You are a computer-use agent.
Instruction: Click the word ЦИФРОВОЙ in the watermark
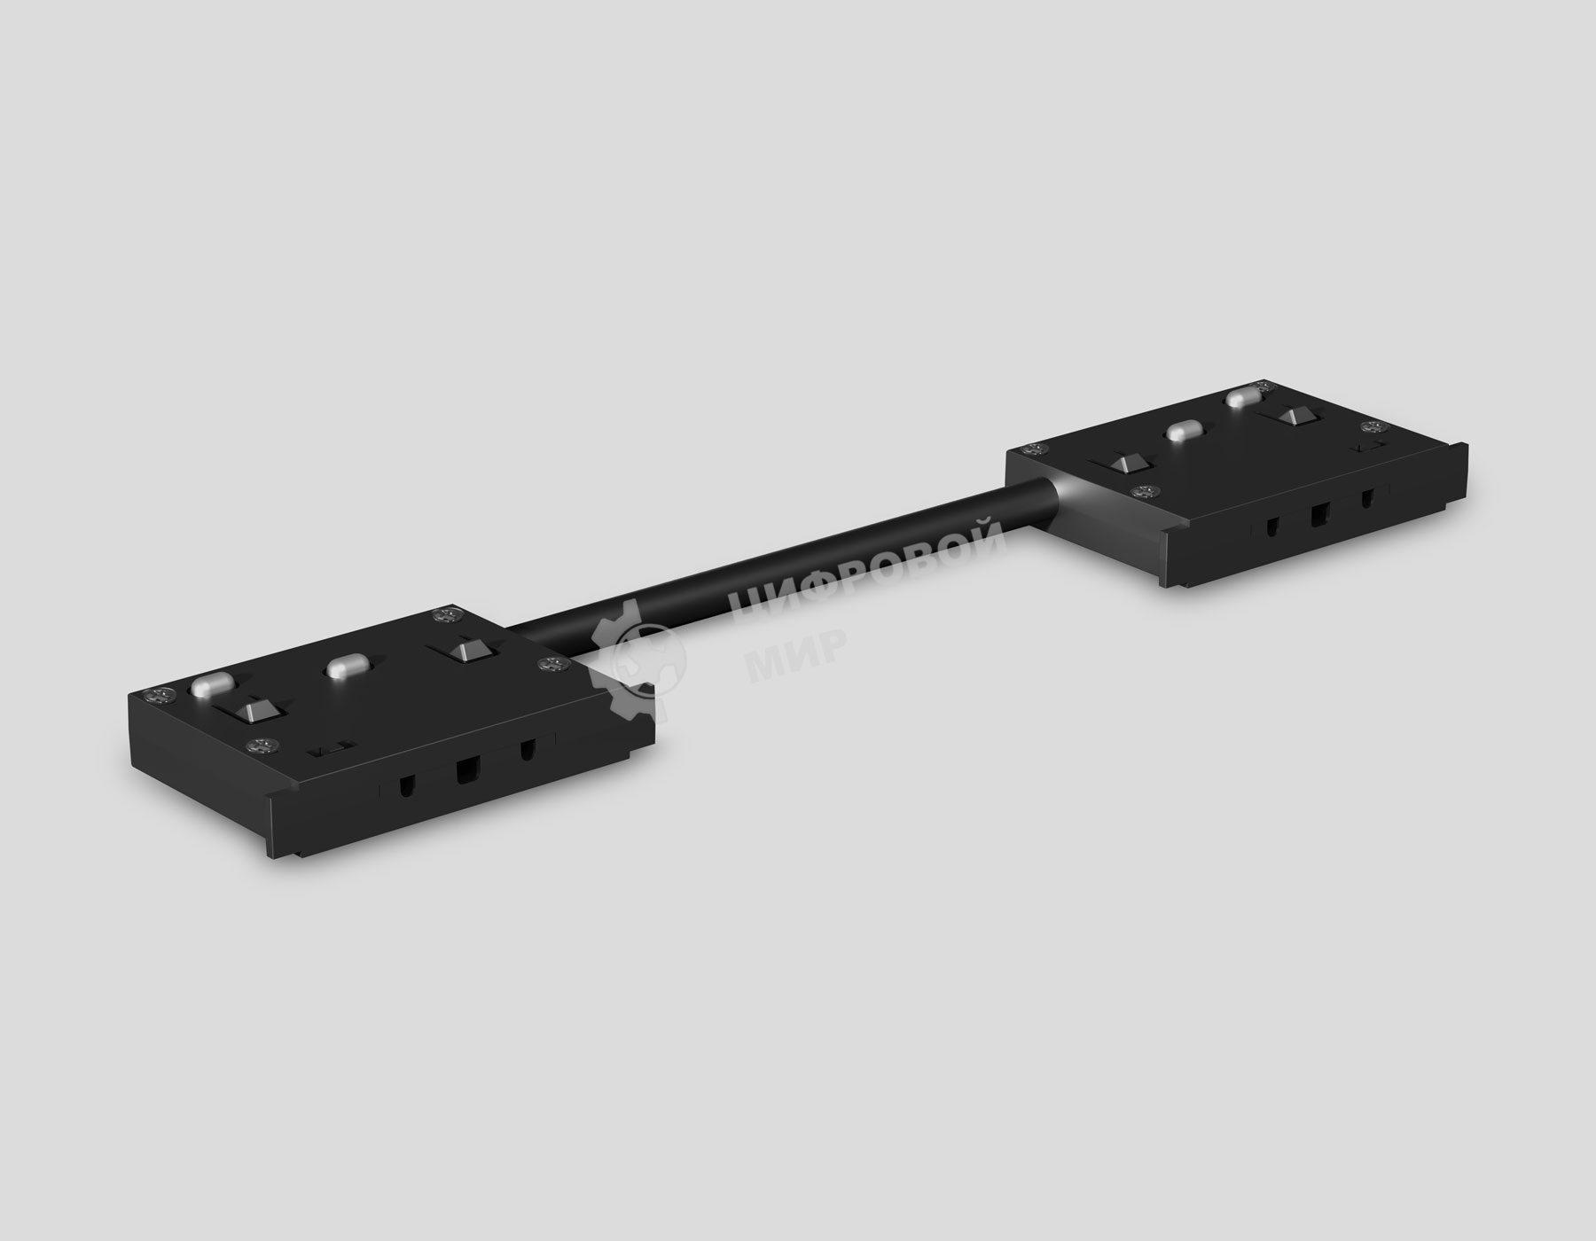pos(864,566)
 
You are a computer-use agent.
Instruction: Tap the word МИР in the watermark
pos(794,652)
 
